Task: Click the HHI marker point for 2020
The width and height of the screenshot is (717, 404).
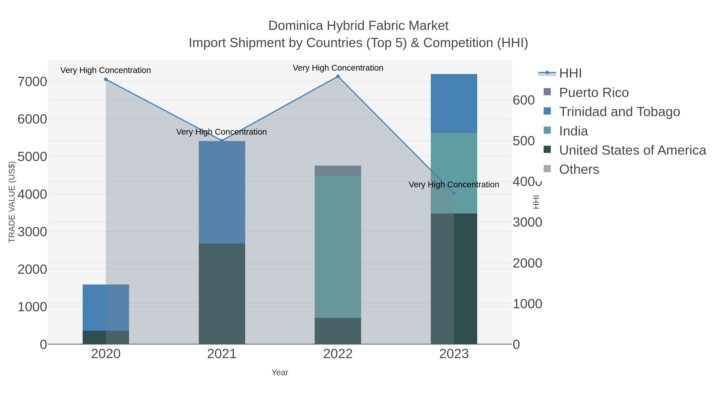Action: (x=106, y=79)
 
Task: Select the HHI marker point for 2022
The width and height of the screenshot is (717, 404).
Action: (x=338, y=76)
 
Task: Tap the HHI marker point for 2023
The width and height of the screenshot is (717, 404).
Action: (x=454, y=194)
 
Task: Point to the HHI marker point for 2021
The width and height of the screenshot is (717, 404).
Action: (x=222, y=140)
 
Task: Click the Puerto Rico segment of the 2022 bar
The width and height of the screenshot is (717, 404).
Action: (x=338, y=171)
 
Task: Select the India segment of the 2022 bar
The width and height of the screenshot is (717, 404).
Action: (x=338, y=247)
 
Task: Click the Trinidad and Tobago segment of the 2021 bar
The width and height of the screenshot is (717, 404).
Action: (x=222, y=192)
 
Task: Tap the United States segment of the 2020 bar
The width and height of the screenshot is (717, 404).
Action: (x=106, y=337)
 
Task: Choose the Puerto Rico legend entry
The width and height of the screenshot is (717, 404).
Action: (x=594, y=93)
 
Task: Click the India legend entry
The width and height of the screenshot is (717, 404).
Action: (x=573, y=131)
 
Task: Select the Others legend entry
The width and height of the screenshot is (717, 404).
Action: (x=579, y=170)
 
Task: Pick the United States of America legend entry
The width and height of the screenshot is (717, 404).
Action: (x=632, y=150)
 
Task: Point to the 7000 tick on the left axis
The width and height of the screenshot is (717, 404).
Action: (x=32, y=82)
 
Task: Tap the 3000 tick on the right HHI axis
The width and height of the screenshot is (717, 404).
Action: (x=527, y=222)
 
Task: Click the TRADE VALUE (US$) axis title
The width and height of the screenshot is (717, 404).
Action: (x=12, y=202)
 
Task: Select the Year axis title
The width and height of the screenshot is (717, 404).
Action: (x=280, y=372)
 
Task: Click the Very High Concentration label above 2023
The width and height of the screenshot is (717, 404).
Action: (x=454, y=185)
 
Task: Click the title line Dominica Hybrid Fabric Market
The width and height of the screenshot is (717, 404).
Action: (x=358, y=26)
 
